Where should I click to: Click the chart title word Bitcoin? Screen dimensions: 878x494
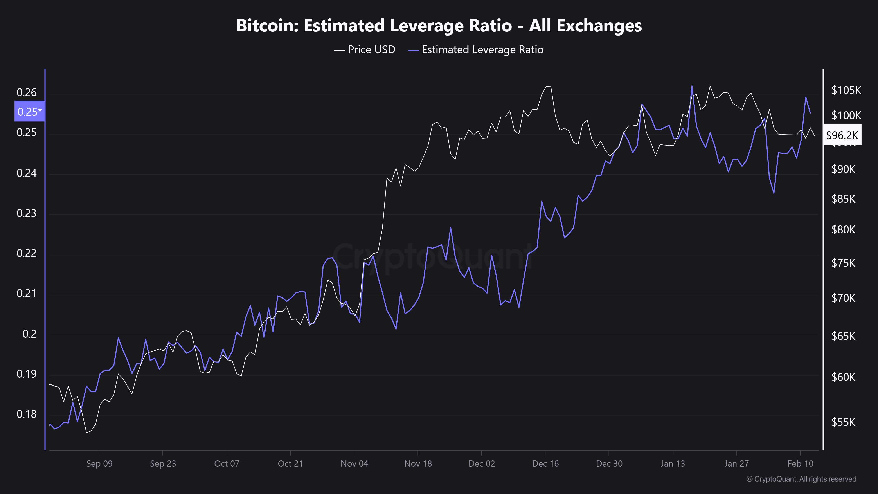coord(267,25)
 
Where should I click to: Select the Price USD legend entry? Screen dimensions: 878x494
coord(364,50)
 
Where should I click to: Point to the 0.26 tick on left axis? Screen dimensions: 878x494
coord(27,92)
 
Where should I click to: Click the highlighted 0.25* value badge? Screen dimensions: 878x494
coord(30,111)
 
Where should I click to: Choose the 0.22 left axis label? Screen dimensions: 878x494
coord(27,253)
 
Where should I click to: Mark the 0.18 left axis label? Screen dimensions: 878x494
coord(27,414)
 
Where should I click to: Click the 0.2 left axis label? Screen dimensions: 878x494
coord(29,334)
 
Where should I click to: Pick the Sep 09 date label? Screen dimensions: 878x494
coord(99,464)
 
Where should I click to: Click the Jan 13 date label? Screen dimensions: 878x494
coord(673,464)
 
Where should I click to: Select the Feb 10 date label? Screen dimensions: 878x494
coord(800,464)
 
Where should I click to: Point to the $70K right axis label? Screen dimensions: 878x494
coord(843,298)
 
